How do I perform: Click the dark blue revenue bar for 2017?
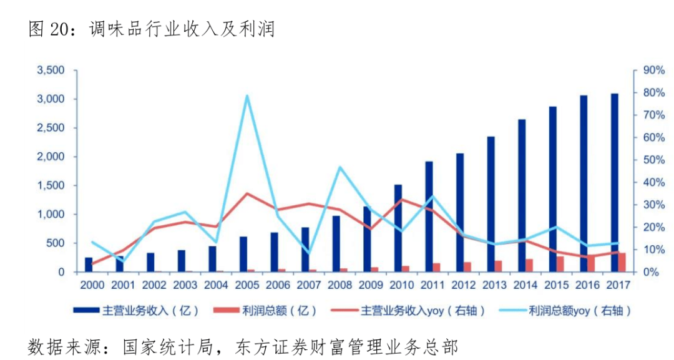615,183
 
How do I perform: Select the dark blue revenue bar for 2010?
398,228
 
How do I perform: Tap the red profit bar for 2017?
622,262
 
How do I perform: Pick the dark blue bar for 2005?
243,255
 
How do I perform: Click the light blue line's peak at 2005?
247,95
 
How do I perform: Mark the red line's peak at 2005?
247,193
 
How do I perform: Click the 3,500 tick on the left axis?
51,70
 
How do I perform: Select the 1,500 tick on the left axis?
51,185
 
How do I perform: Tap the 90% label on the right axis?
654,70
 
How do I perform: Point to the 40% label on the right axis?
654,182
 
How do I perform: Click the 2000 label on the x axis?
92,285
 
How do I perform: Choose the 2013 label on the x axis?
494,285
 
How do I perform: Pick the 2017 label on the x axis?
618,285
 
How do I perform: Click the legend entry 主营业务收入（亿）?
136,311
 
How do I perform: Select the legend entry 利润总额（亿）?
265,311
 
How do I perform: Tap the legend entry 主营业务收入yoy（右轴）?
408,311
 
